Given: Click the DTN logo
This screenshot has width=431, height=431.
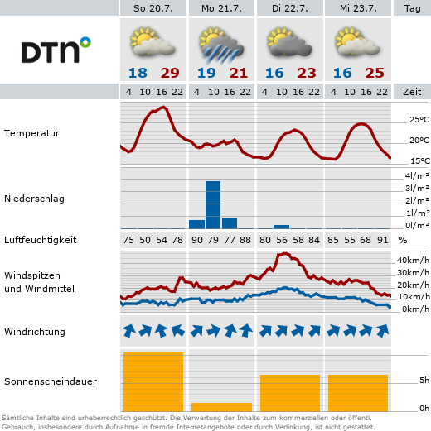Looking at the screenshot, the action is coord(56,50).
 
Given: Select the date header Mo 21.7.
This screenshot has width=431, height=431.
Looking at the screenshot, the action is coord(221,8).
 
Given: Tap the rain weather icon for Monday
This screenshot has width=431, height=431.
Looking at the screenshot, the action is coord(221,45).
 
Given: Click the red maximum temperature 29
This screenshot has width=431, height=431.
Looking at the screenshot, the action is coord(170,73).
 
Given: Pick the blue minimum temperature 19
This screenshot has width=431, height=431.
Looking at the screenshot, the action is coord(206,73).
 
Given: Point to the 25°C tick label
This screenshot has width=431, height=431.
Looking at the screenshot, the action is coord(419,120).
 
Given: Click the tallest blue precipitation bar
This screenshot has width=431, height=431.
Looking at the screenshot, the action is coord(213,205).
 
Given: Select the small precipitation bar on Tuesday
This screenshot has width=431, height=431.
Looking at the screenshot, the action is coord(281,227).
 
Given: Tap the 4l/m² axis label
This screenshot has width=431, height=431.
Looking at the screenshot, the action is coord(417,175).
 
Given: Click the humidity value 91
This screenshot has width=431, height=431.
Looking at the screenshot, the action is coord(383,240).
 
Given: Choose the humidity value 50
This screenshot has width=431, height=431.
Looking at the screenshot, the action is coord(145,240).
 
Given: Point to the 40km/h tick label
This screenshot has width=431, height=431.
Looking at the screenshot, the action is coord(413,260).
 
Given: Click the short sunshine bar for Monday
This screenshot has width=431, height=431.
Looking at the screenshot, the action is coord(221,407).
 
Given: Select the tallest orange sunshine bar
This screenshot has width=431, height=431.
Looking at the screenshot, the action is coord(153,381).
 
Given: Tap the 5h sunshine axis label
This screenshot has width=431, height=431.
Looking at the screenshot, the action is coord(424,381).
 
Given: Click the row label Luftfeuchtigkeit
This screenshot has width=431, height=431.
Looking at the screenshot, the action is coord(41,240).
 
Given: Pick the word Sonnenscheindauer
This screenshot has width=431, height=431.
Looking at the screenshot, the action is coord(51,381).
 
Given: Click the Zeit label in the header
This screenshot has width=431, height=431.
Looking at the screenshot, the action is coord(412,92).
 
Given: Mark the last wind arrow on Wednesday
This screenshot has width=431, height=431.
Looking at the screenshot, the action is coord(383,331).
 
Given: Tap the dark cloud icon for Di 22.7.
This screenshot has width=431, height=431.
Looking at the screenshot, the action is coord(289,43).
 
